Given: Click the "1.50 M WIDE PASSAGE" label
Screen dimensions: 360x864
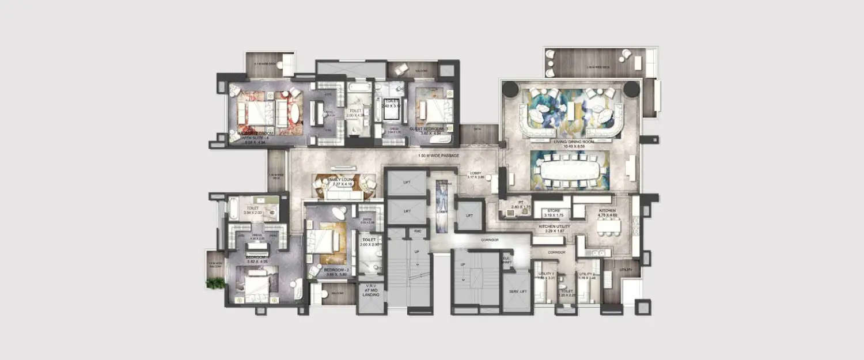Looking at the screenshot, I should pos(438,156).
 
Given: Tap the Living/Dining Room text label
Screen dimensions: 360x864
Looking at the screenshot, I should pos(570,141).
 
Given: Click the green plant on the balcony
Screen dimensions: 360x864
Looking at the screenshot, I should pos(215,282).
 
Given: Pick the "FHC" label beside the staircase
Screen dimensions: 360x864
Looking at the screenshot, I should pos(419,232).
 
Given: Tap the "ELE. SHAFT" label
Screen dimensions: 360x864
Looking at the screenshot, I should pos(507,260).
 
